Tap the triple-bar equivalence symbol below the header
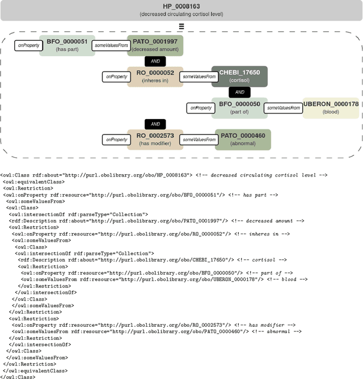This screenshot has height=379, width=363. click(181, 27)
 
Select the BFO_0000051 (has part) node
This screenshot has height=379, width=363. click(67, 45)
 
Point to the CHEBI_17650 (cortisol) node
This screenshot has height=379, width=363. click(239, 77)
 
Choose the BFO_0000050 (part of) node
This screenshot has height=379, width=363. click(239, 108)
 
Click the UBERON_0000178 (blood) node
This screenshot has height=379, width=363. click(331, 108)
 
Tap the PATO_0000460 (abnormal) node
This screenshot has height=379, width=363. click(242, 140)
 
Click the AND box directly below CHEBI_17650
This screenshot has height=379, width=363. click(239, 92)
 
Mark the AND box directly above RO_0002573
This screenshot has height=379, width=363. click(154, 124)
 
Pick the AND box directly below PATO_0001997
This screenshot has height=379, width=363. click(154, 61)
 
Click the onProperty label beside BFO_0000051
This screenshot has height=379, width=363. click(28, 45)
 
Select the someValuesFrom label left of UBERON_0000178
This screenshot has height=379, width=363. click(283, 108)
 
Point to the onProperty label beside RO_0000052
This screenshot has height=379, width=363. click(116, 76)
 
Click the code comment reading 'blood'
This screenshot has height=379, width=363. click(295, 279)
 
